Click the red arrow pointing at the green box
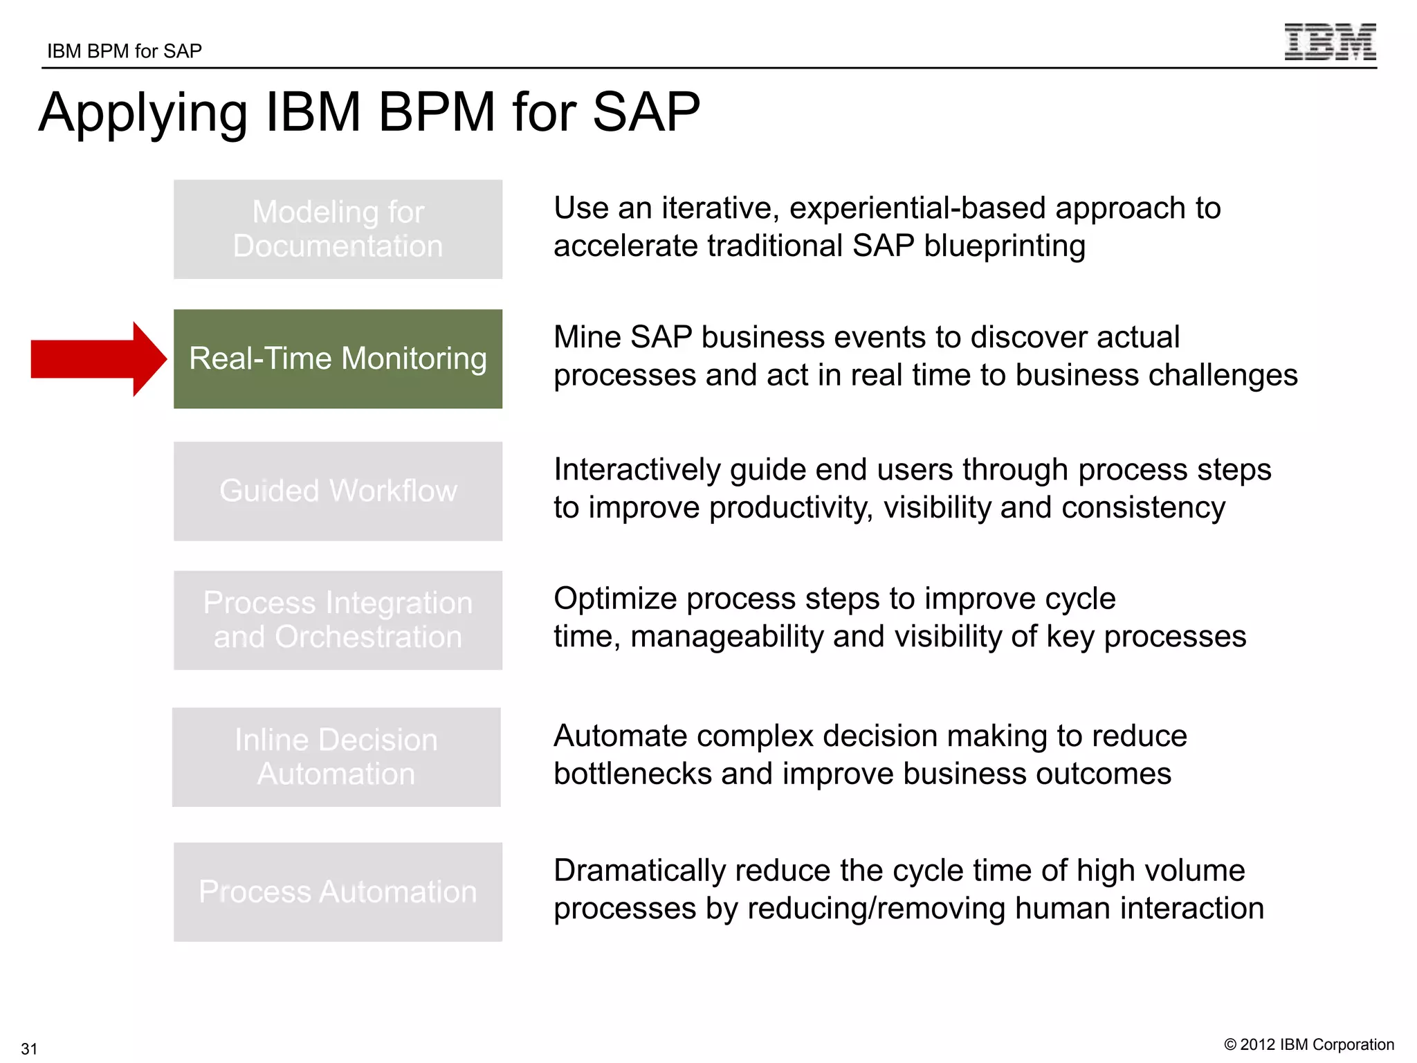(x=97, y=359)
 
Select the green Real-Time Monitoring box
(x=338, y=358)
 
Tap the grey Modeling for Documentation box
(x=338, y=229)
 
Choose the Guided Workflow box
(x=338, y=491)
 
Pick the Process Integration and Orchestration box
(x=338, y=620)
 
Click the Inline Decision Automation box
(x=336, y=756)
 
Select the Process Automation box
(x=338, y=891)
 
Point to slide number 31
(x=29, y=1048)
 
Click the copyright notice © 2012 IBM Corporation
(x=1309, y=1044)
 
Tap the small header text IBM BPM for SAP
(x=125, y=51)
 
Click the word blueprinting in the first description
(x=1004, y=246)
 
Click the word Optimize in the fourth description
(x=615, y=599)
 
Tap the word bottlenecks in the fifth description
(x=632, y=774)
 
